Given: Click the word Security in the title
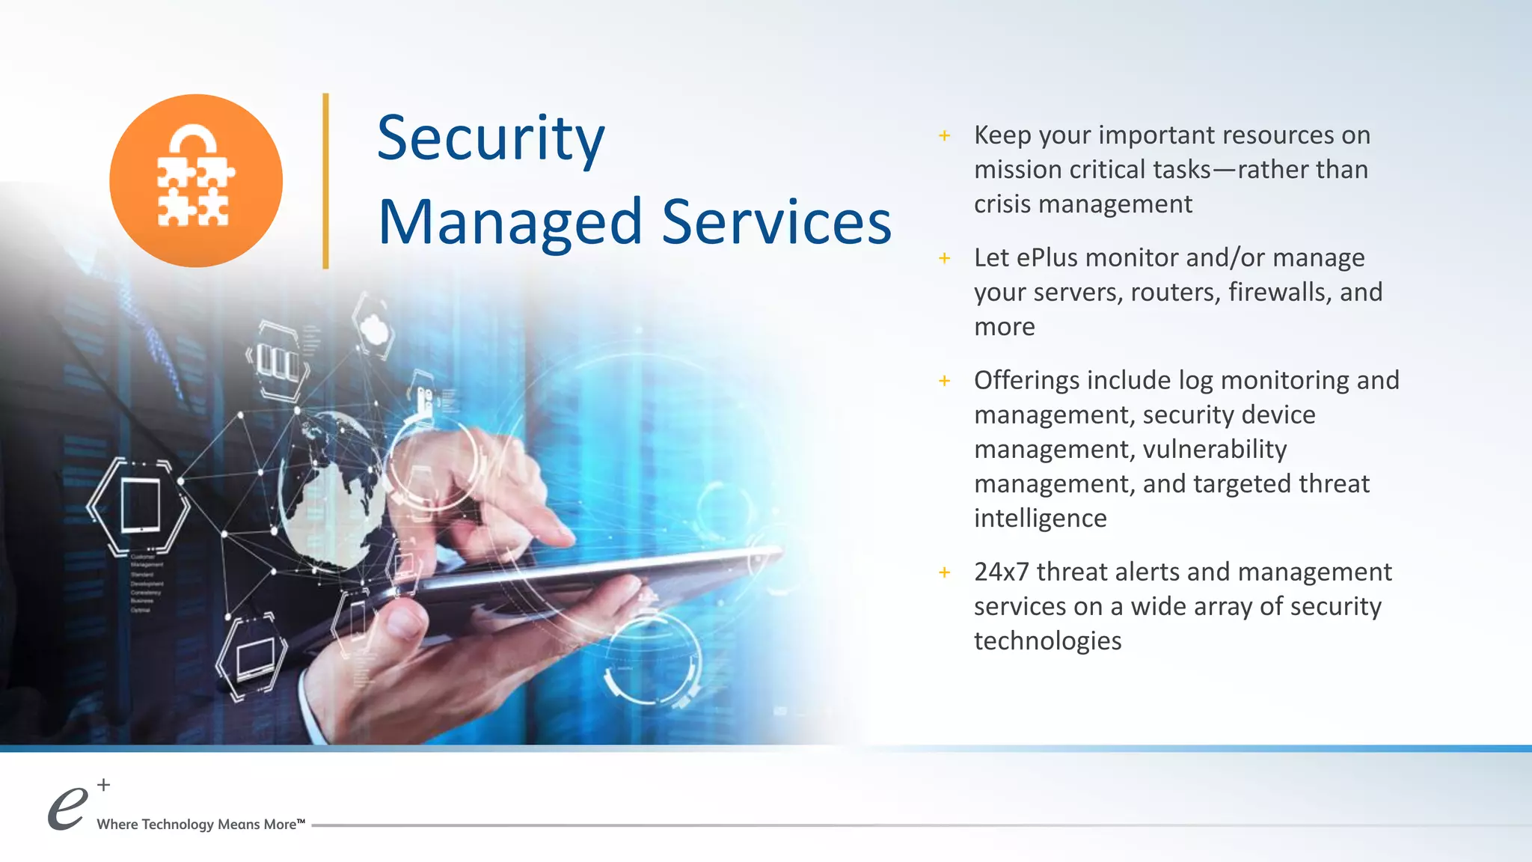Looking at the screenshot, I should (x=491, y=139).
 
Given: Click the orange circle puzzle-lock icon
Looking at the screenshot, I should (x=196, y=180).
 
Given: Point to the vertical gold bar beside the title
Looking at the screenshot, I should (x=325, y=180).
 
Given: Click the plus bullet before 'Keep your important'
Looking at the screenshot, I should (x=945, y=135).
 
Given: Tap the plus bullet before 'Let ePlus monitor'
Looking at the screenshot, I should (x=945, y=258).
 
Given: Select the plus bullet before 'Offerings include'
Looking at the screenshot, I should (x=945, y=381).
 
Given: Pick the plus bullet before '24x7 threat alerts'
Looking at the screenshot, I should (x=945, y=572).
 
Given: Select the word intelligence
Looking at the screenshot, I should (x=1040, y=519).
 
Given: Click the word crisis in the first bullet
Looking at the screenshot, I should (x=1002, y=204).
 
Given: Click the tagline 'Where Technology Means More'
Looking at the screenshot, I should (x=200, y=825).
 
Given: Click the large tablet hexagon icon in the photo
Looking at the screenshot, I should (x=140, y=507).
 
